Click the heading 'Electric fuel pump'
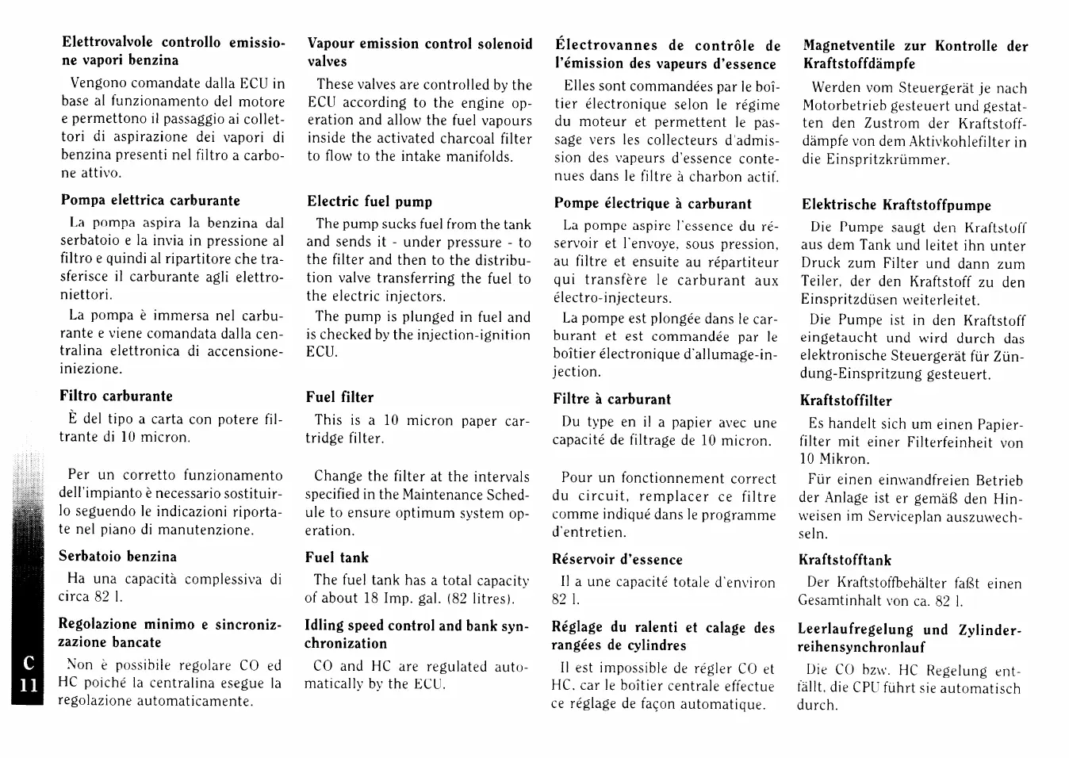coord(370,201)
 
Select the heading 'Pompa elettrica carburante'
coord(150,201)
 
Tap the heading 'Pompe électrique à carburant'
coord(653,204)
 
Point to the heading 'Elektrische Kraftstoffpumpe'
coord(896,205)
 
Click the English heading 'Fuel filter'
coord(339,397)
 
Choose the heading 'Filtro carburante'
coord(116,396)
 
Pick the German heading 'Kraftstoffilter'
coord(845,401)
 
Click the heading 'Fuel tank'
coord(337,557)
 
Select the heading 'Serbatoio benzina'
coord(118,557)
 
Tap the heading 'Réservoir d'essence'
coord(617,560)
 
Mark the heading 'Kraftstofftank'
coord(845,561)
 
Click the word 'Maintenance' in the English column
coord(446,495)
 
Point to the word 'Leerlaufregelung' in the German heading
coord(856,630)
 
